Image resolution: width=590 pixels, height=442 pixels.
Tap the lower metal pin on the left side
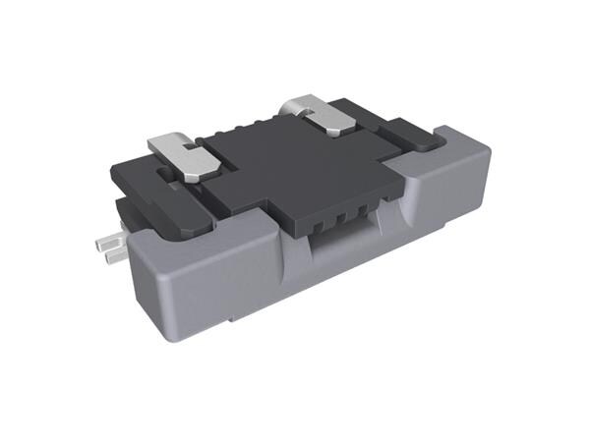110,254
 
